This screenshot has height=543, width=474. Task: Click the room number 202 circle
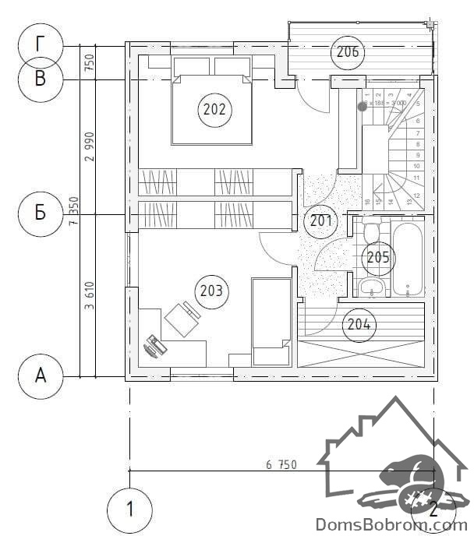[214, 110]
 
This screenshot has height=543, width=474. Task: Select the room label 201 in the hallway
[319, 220]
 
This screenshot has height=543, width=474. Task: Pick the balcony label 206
[347, 52]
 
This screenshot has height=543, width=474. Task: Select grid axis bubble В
[41, 79]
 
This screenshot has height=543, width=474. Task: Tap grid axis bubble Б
[41, 213]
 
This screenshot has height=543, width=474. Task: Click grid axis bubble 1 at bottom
[129, 510]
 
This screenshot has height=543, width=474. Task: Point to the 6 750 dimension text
[281, 465]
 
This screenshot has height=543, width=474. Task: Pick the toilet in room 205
[371, 232]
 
